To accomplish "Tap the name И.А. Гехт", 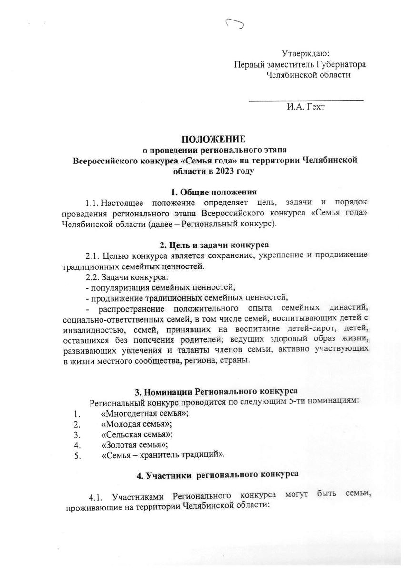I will tap(306, 107).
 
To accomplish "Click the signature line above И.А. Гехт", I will tap(306, 100).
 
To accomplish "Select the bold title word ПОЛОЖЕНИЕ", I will tap(213, 139).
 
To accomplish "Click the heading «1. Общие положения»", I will tap(214, 192).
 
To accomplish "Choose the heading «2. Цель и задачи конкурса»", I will tap(213, 245).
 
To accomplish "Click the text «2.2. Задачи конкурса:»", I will tap(126, 276).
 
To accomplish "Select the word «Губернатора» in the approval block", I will tap(343, 64).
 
